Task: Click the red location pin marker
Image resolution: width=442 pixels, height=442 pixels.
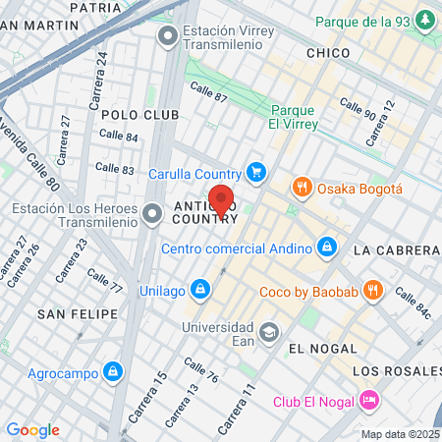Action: click(221, 200)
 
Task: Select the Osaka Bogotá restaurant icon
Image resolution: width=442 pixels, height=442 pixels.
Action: click(302, 188)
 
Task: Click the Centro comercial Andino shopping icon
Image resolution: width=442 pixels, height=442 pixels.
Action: click(326, 246)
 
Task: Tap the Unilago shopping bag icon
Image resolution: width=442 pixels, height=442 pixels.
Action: click(200, 289)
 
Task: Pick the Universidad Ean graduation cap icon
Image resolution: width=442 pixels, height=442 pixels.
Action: click(268, 332)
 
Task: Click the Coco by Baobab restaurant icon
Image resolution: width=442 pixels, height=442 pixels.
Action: click(372, 290)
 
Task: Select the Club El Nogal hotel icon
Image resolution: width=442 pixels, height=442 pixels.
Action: click(369, 400)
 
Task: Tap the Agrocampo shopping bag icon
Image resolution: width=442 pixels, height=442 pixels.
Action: click(114, 371)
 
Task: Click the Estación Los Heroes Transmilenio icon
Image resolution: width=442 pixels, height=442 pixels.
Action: click(152, 213)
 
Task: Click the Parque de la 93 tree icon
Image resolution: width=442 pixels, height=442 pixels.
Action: click(424, 20)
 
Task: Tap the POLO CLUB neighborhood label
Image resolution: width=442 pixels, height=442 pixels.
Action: click(139, 115)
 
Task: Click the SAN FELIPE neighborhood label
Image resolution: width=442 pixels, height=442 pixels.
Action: click(78, 313)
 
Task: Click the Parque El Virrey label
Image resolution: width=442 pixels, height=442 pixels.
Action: click(292, 117)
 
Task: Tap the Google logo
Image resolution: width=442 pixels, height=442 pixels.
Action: click(32, 429)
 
